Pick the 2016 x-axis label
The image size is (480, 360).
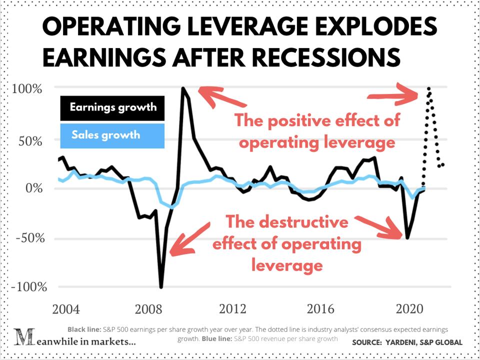(x=320, y=308)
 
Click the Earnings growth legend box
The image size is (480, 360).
(x=112, y=107)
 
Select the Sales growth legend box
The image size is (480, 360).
(x=112, y=135)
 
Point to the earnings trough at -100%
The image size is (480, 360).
(x=161, y=287)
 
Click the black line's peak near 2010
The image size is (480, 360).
(x=183, y=89)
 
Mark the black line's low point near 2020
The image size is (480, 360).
(x=407, y=238)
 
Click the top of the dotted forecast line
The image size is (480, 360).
(x=428, y=88)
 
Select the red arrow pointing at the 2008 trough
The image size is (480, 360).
(x=189, y=239)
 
